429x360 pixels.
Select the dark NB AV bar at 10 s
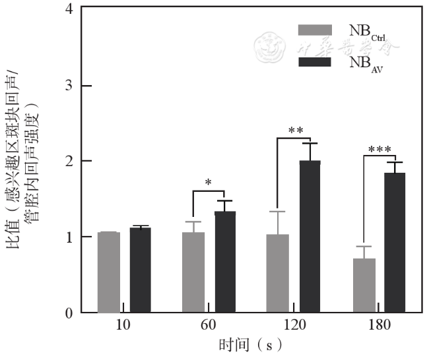click(141, 270)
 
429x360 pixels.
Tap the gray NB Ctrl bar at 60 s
click(193, 272)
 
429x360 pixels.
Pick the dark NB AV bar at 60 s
click(225, 262)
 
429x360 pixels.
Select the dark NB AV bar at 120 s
click(310, 237)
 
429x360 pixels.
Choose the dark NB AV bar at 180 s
click(395, 243)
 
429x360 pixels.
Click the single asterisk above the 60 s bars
click(209, 183)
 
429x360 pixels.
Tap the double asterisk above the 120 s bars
click(295, 130)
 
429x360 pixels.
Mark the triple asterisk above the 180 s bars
click(380, 150)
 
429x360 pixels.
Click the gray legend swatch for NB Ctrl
click(315, 30)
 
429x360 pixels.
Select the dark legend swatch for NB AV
click(315, 62)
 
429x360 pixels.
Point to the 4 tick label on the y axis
click(69, 9)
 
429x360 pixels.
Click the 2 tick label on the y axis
click(69, 161)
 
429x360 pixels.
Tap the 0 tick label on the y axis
click(69, 313)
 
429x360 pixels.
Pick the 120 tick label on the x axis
click(294, 326)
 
